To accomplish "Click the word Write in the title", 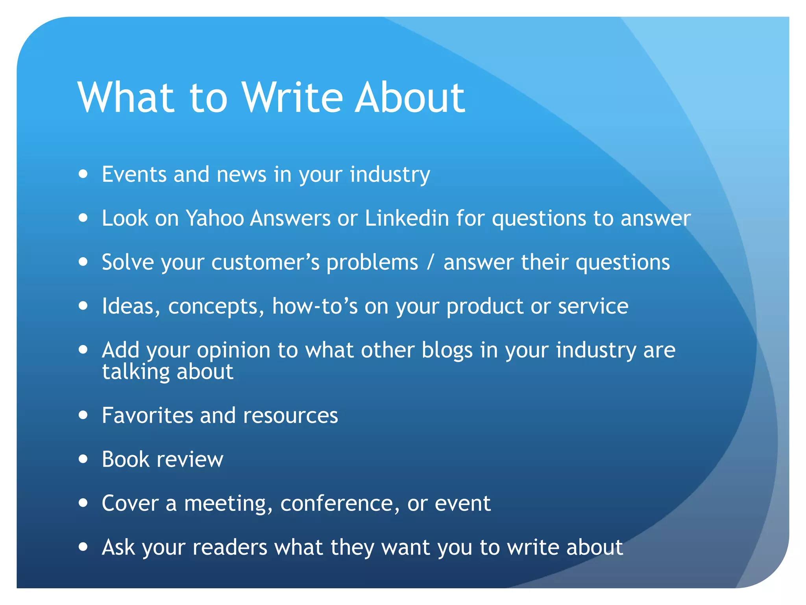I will (x=292, y=98).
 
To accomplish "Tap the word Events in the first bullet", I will (x=134, y=174).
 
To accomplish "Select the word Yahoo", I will (x=214, y=218).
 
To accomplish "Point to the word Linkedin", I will (x=407, y=218).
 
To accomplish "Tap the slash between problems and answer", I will (x=431, y=262).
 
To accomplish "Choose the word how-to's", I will (x=315, y=306).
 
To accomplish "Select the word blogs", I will (x=447, y=351).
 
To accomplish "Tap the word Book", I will (x=126, y=459).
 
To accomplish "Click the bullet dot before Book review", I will (x=83, y=459).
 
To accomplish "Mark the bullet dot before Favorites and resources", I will (x=83, y=415).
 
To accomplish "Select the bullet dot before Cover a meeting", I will (x=83, y=503).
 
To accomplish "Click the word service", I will (x=593, y=306).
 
